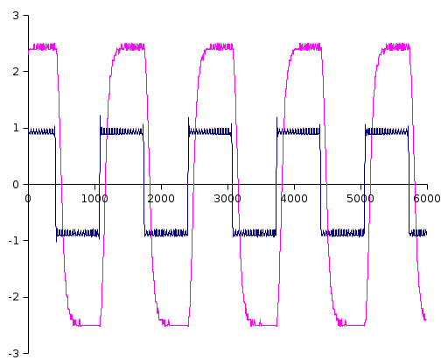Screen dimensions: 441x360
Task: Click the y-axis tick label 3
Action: tap(16, 16)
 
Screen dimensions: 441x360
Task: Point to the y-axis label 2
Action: tap(16, 72)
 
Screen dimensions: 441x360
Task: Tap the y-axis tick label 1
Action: tap(16, 128)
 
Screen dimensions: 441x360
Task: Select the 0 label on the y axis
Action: tap(16, 185)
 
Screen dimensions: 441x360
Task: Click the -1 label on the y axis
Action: tap(14, 241)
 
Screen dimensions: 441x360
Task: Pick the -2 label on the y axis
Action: tap(14, 297)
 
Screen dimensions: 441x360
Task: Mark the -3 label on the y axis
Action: tap(14, 354)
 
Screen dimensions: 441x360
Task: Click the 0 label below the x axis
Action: tap(28, 199)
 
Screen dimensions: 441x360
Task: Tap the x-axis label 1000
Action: tap(94, 199)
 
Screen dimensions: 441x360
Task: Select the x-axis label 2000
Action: tap(161, 199)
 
